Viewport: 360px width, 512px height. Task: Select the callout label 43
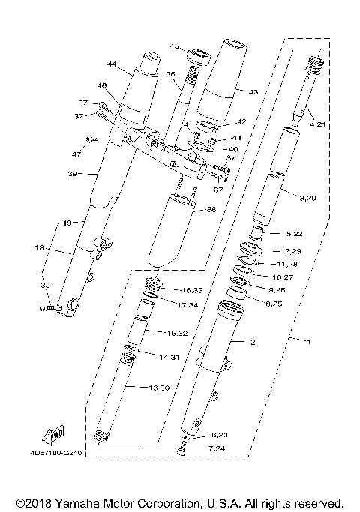(x=253, y=92)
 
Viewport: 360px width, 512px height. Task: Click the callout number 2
(x=253, y=342)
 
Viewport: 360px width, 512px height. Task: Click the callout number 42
(x=241, y=121)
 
